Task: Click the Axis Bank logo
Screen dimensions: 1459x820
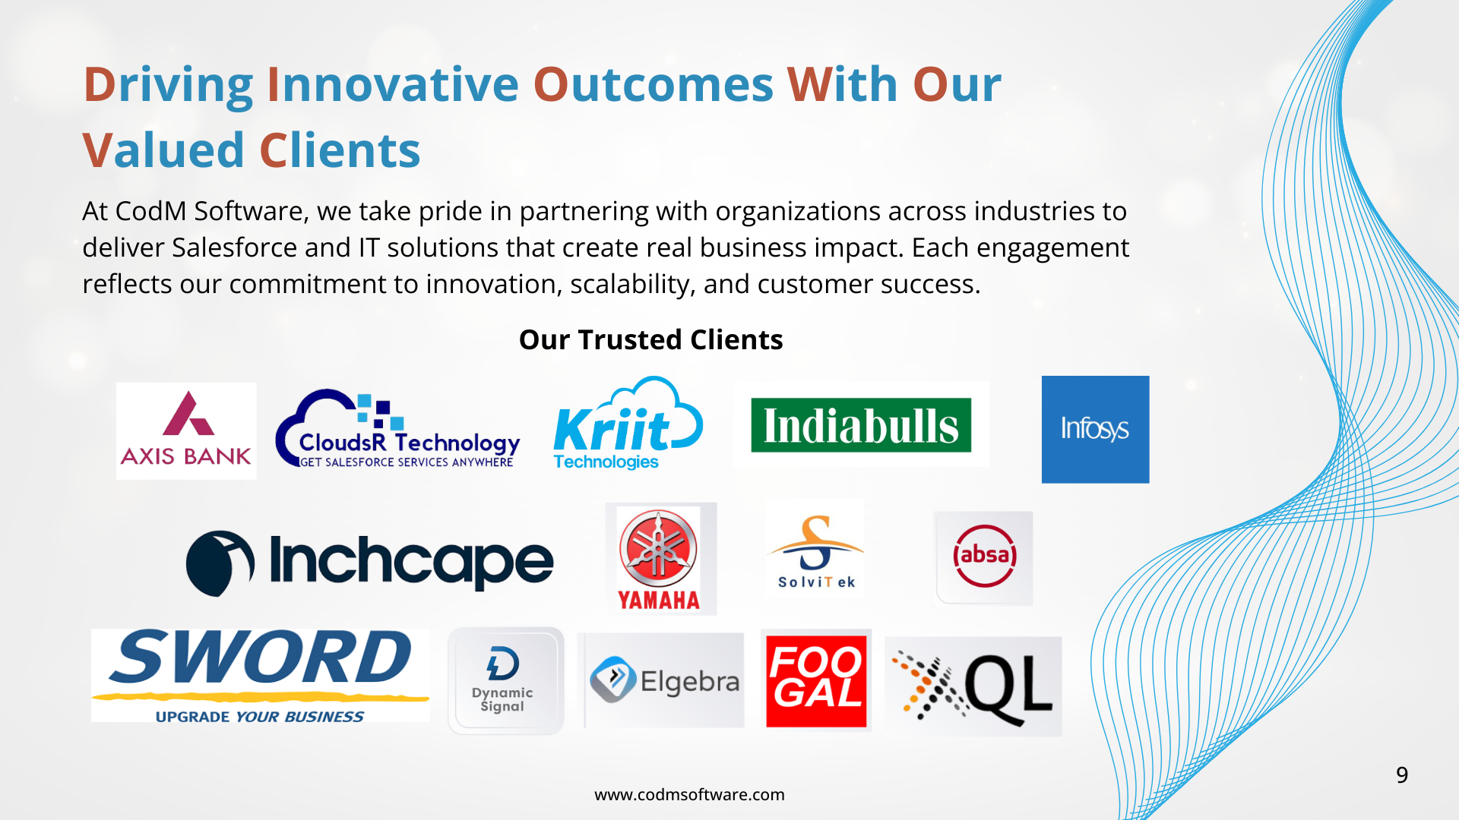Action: pyautogui.click(x=186, y=430)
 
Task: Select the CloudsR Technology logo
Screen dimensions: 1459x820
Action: pyautogui.click(x=398, y=429)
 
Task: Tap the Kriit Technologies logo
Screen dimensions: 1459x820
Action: pyautogui.click(x=628, y=424)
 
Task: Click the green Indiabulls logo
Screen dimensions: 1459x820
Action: pyautogui.click(x=861, y=425)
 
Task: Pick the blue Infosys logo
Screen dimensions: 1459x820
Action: pyautogui.click(x=1095, y=429)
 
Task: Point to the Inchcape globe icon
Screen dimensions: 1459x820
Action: pyautogui.click(x=220, y=563)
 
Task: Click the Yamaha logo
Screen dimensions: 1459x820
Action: pyautogui.click(x=659, y=559)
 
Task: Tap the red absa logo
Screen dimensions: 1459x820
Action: pyautogui.click(x=984, y=557)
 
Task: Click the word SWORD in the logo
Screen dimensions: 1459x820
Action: pyautogui.click(x=260, y=658)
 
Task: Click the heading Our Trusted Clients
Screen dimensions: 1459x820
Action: pyautogui.click(x=650, y=339)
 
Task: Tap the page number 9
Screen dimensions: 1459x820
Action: pyautogui.click(x=1402, y=774)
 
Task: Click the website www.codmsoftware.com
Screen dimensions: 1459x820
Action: pyautogui.click(x=689, y=794)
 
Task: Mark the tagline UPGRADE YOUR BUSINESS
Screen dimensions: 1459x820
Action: pyautogui.click(x=259, y=717)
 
